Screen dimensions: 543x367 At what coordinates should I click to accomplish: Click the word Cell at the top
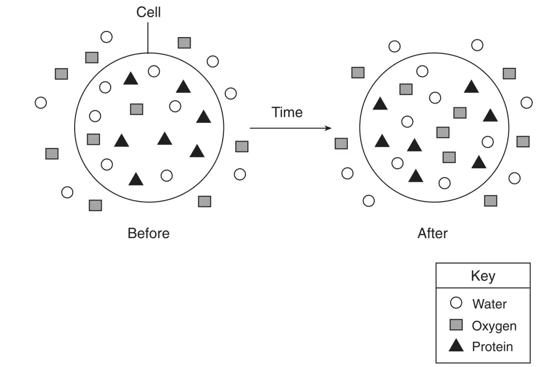click(149, 12)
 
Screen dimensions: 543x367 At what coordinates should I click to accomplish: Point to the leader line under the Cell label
click(148, 38)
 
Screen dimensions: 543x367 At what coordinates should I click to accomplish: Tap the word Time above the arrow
click(287, 112)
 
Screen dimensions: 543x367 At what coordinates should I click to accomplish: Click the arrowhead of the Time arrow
click(328, 128)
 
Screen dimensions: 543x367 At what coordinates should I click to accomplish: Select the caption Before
click(149, 233)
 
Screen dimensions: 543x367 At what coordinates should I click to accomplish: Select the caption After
click(433, 233)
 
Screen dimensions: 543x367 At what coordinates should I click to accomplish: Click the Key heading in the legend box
click(483, 276)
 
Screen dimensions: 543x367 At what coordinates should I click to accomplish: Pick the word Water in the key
click(489, 304)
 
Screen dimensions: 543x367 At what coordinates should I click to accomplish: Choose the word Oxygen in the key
click(494, 326)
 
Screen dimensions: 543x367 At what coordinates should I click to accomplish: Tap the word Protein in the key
click(492, 347)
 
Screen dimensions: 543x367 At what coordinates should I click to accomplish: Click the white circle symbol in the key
click(456, 303)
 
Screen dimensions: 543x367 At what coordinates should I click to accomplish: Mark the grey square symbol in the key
click(456, 325)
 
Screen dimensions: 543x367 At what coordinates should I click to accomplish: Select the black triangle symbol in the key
click(456, 346)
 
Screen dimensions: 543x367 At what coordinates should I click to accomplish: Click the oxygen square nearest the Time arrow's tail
click(241, 146)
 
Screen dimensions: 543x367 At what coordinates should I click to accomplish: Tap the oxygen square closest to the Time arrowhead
click(341, 143)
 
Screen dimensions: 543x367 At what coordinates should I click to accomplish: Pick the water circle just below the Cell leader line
click(154, 71)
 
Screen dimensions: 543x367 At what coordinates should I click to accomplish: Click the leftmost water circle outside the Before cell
click(41, 102)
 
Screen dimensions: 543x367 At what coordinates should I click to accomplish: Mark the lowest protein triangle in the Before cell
click(136, 179)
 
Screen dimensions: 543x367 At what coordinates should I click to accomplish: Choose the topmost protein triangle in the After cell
click(471, 86)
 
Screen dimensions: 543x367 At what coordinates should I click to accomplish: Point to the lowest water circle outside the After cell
click(368, 201)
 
